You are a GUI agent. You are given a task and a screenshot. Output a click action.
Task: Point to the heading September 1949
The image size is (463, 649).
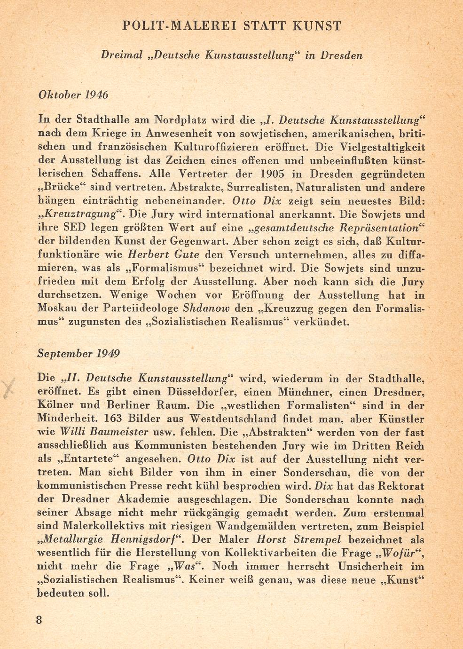click(78, 353)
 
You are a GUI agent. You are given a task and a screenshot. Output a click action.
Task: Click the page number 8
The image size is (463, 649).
click(39, 618)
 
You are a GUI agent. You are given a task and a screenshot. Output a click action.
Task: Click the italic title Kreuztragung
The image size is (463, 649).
click(78, 214)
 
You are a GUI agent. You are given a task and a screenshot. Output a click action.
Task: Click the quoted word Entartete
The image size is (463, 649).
click(81, 459)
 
